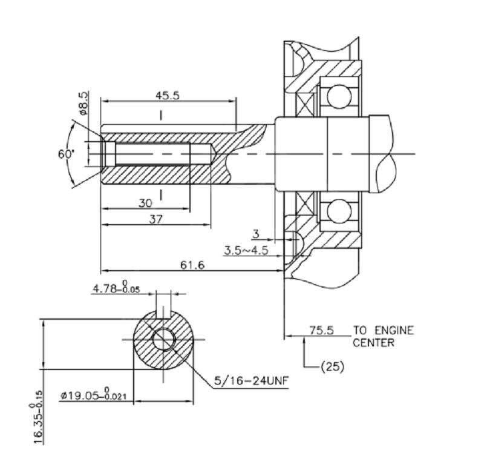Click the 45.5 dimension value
(168, 96)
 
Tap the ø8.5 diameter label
(83, 103)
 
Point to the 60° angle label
(67, 153)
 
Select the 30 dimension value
(145, 203)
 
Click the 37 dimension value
(155, 219)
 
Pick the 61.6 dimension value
(192, 265)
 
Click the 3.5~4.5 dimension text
(246, 250)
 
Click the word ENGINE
(394, 330)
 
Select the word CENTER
(373, 343)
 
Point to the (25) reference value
(332, 367)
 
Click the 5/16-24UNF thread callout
(252, 380)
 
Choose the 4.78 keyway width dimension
(116, 287)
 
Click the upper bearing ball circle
(339, 96)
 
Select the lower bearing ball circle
(339, 211)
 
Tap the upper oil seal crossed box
(305, 104)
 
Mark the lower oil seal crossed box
(305, 203)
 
